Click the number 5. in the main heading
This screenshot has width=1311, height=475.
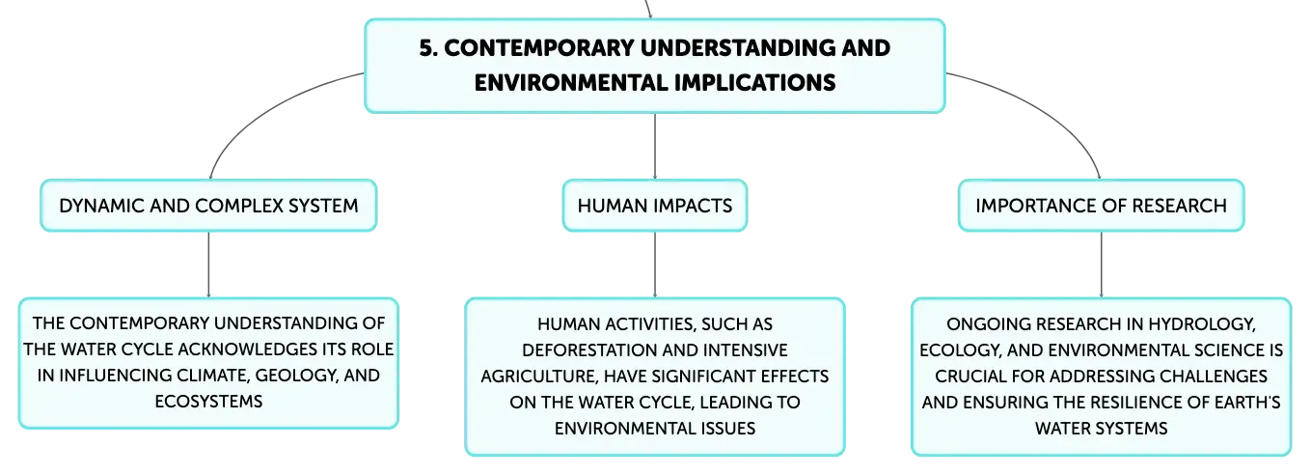[428, 48]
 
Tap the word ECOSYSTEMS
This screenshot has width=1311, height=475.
[208, 402]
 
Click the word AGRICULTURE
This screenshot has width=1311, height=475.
[539, 376]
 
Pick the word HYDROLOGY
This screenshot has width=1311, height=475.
[1202, 323]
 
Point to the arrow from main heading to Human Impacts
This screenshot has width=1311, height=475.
[655, 147]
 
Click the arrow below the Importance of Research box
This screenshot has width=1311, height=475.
[1102, 265]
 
